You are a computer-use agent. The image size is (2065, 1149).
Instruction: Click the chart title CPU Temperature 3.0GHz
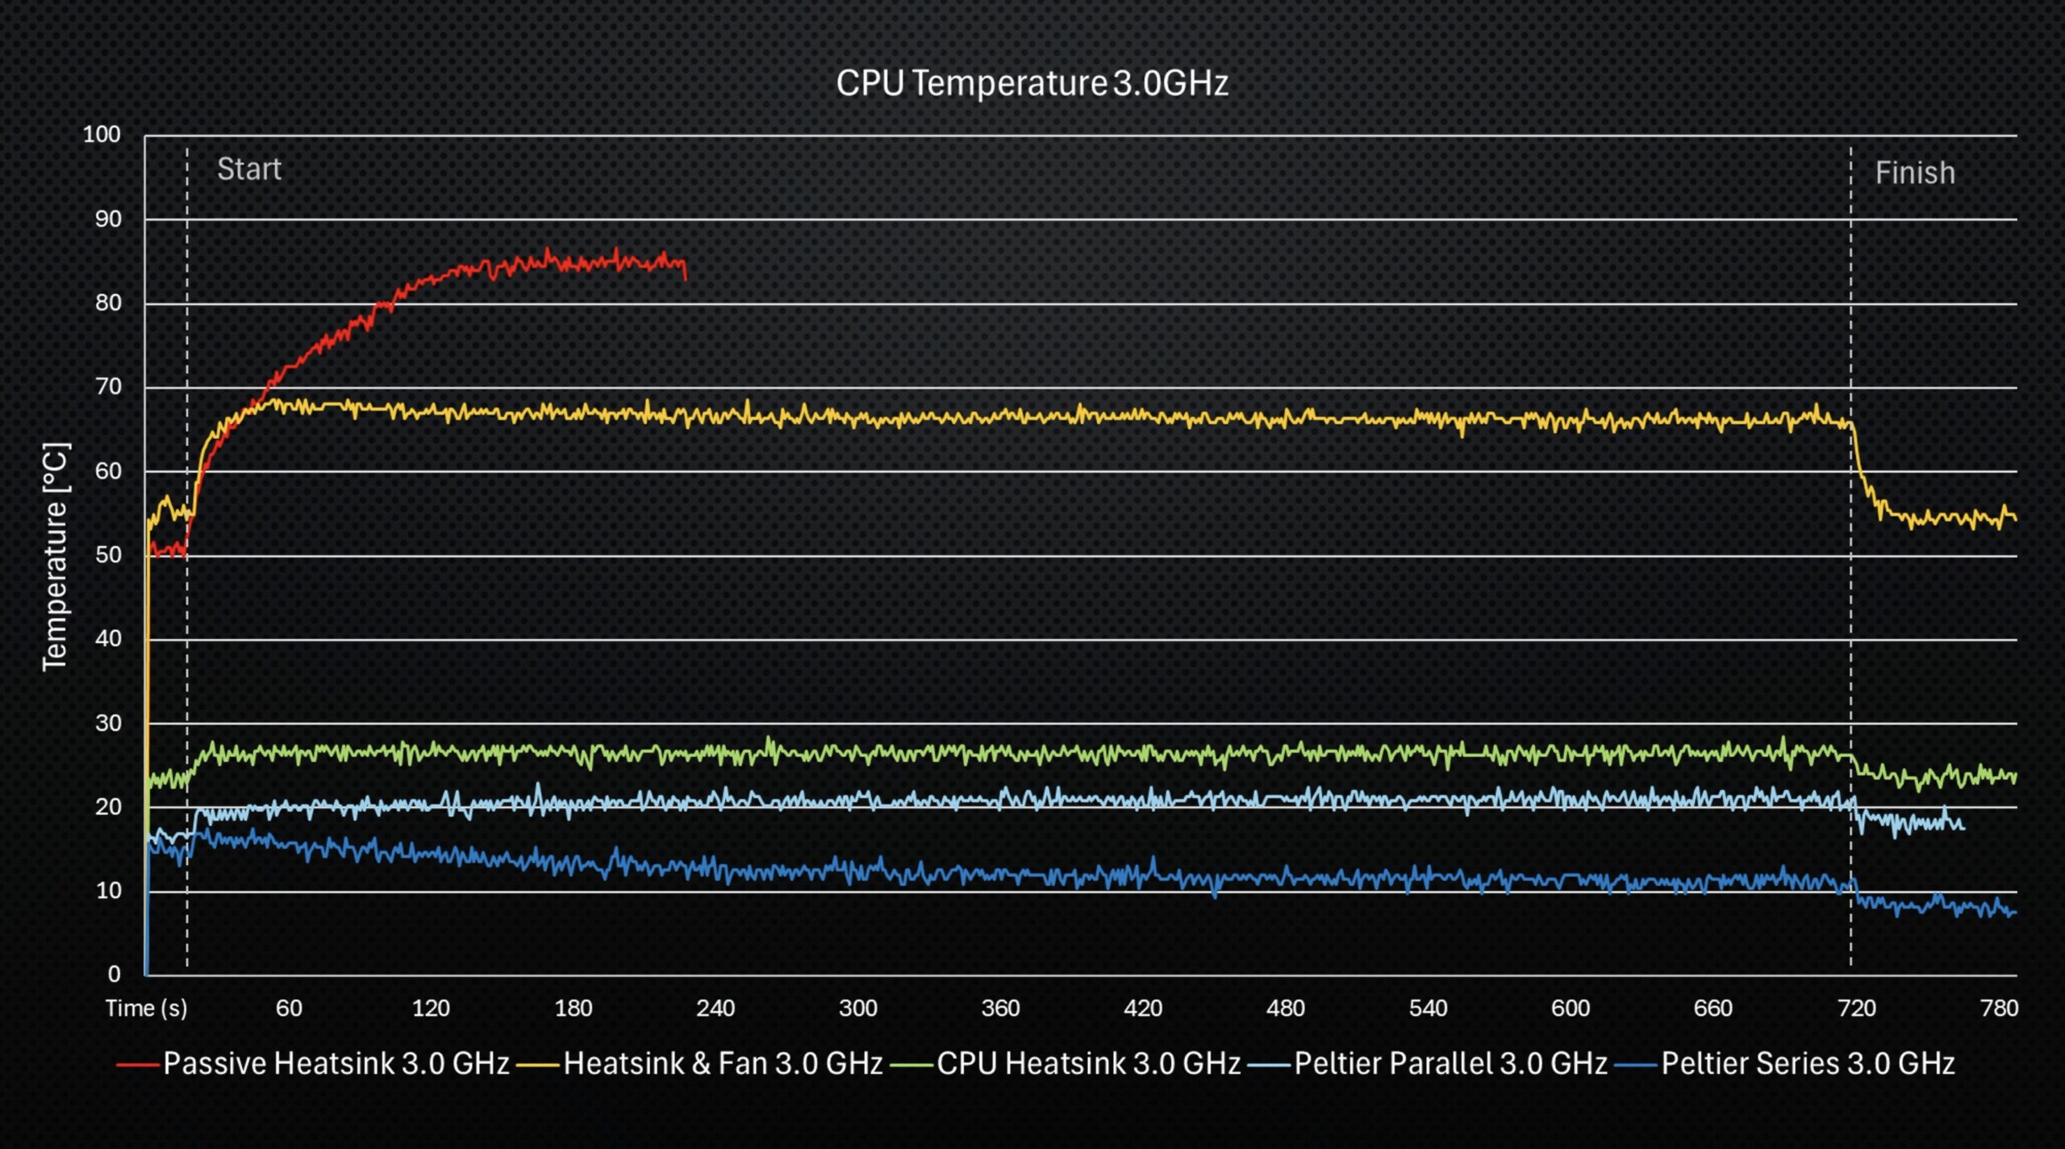point(1032,83)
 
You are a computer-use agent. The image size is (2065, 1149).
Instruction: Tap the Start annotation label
point(249,169)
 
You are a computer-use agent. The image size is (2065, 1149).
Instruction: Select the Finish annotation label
point(1915,173)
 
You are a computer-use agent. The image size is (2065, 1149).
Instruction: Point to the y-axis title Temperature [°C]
point(56,556)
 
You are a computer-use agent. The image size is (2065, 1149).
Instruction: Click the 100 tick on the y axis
point(102,134)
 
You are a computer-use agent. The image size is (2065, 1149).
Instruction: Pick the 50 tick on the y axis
point(108,555)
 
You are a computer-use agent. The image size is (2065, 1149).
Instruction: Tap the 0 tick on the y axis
point(115,974)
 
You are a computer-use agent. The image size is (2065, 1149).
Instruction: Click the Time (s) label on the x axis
point(146,1008)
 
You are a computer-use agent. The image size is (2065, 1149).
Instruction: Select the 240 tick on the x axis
point(715,1008)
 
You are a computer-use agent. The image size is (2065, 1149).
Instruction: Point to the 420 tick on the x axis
point(1143,1008)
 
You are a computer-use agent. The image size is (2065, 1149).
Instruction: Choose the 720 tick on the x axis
point(1856,1008)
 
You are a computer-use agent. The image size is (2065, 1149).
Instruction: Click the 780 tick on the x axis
point(1999,1008)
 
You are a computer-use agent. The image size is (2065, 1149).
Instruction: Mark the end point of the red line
point(686,279)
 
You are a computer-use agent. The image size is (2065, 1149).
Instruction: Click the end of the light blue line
point(1963,829)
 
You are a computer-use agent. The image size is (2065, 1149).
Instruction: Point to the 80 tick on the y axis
point(108,303)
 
